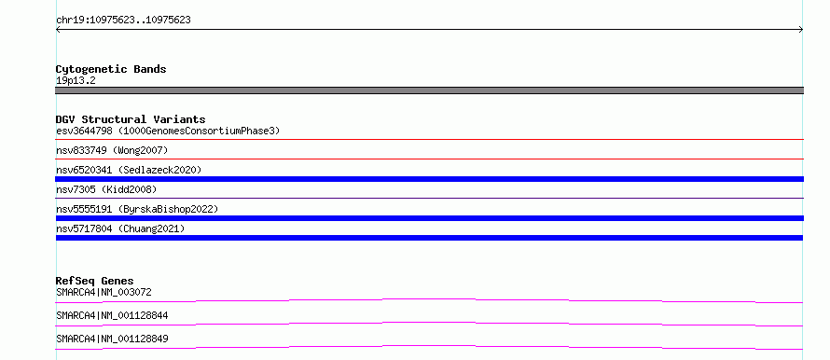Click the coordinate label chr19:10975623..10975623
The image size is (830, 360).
pos(123,21)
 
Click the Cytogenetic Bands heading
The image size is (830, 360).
pos(111,69)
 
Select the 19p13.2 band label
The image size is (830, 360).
pos(76,81)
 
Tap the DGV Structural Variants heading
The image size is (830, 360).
pos(131,119)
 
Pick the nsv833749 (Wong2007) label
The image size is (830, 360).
pos(112,150)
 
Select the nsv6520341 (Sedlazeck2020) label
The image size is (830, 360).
pos(129,170)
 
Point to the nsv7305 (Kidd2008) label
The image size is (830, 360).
pos(106,189)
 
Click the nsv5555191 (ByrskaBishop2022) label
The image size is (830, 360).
pos(137,209)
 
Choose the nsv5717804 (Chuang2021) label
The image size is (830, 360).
pos(120,228)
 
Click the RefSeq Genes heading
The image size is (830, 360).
pos(95,281)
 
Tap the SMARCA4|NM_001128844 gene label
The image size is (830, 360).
pos(112,315)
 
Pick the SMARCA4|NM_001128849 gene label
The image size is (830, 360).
pos(112,339)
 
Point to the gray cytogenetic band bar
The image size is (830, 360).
pos(429,90)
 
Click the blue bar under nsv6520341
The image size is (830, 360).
pos(430,179)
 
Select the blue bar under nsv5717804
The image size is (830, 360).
pos(429,238)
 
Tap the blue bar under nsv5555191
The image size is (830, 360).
pos(430,218)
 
